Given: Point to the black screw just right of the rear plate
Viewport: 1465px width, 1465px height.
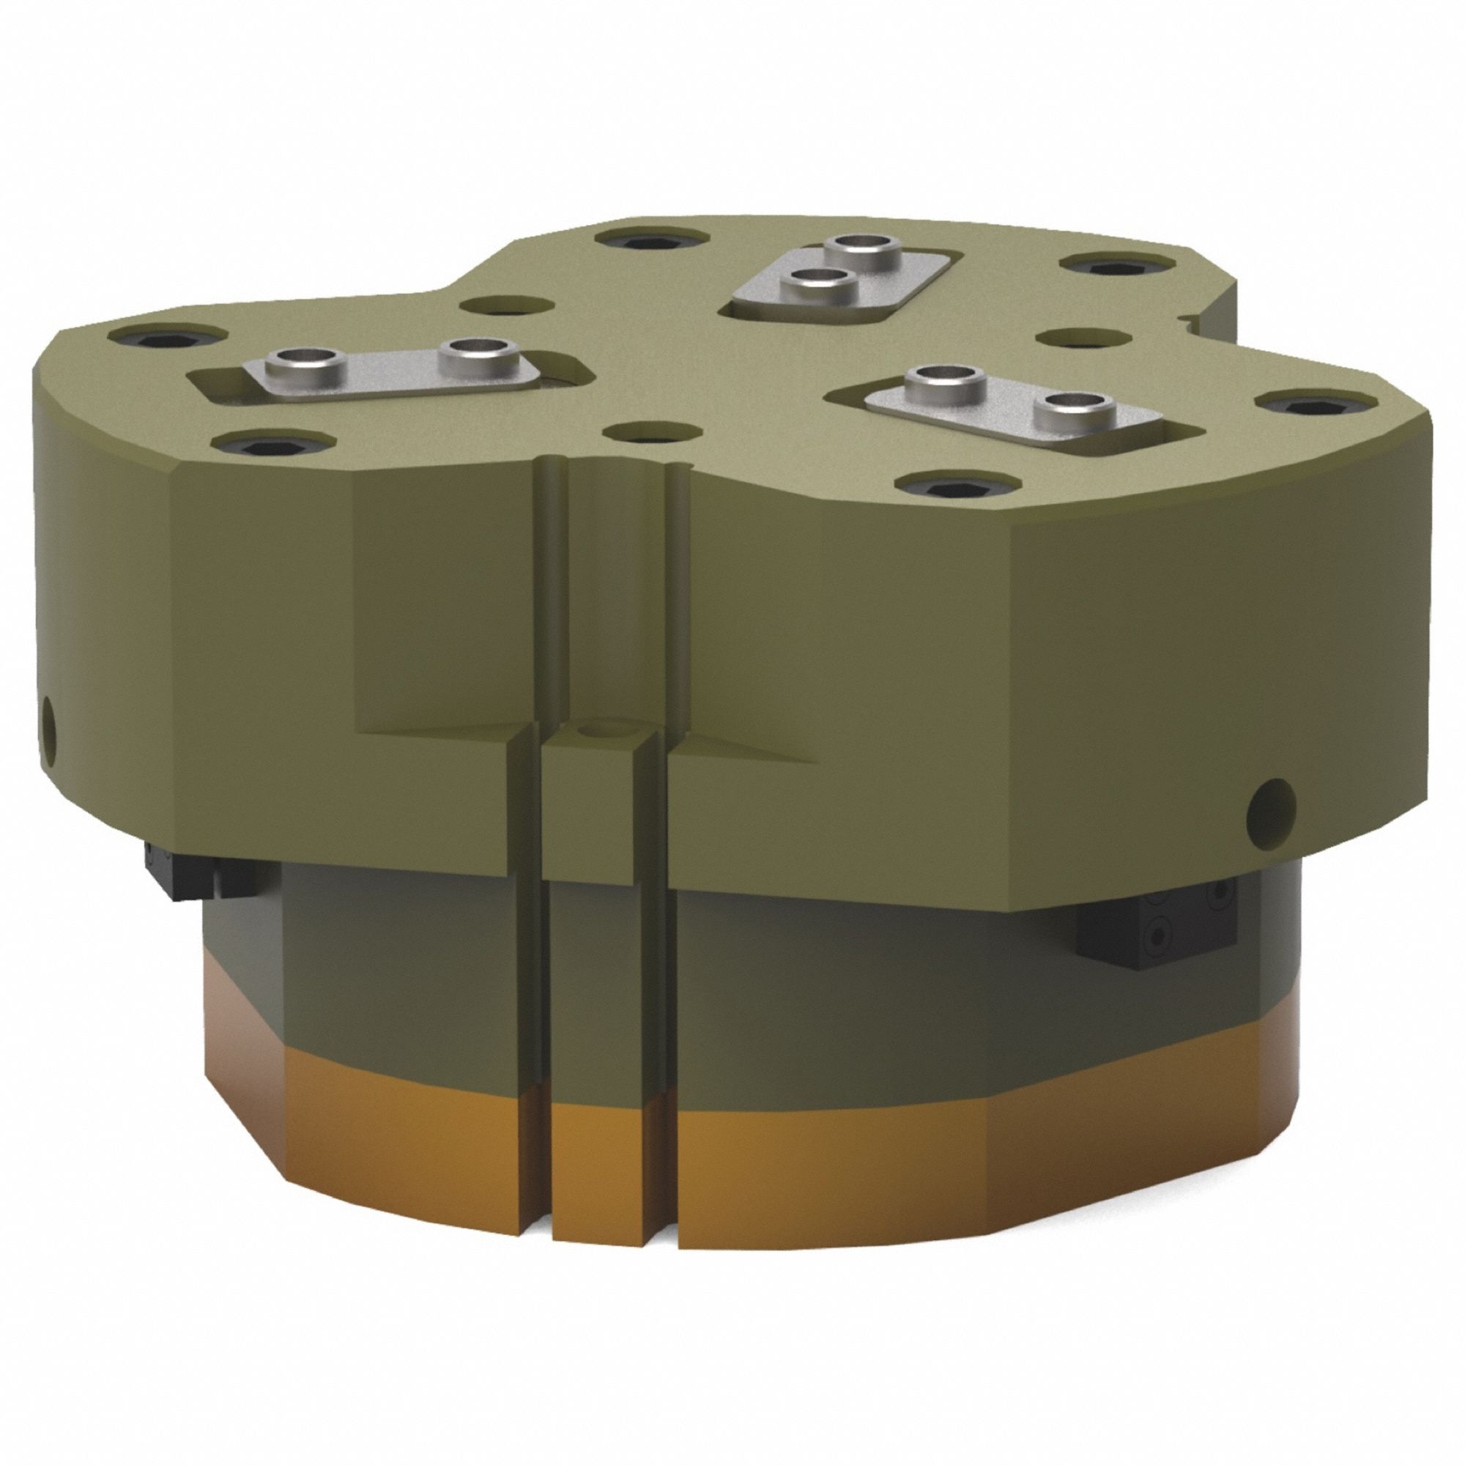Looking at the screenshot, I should tap(1097, 266).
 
